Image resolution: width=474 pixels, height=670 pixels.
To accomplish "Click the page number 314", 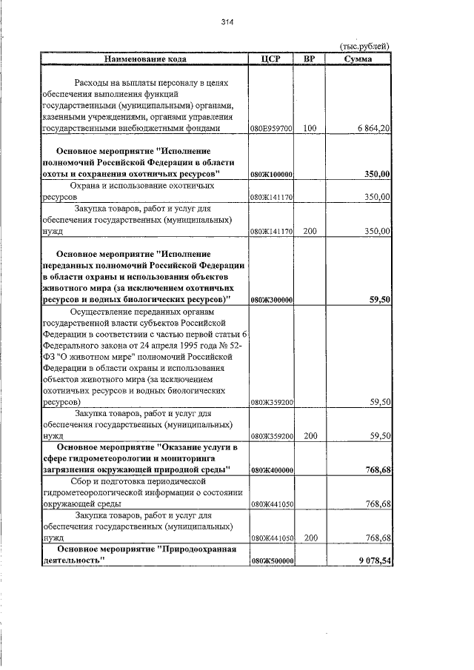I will pos(227,22).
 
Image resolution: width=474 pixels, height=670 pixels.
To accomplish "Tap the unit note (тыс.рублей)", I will pos(364,47).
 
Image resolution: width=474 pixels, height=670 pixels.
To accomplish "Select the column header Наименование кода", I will pos(145,58).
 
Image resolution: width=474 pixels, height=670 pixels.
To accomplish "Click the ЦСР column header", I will pos(271,58).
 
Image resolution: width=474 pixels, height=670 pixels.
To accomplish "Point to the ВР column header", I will pos(309,58).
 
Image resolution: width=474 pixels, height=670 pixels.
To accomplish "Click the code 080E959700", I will pos(272,129).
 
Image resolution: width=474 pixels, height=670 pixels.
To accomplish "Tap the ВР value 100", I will pos(309,128).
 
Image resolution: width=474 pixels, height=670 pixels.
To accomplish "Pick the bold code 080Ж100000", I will pos(272,174).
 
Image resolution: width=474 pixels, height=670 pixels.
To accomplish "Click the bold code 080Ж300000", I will pos(272,300).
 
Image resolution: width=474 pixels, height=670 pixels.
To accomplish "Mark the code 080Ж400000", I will pos(272,470).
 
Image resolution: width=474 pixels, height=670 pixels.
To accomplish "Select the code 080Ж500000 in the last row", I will pos(272,561).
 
